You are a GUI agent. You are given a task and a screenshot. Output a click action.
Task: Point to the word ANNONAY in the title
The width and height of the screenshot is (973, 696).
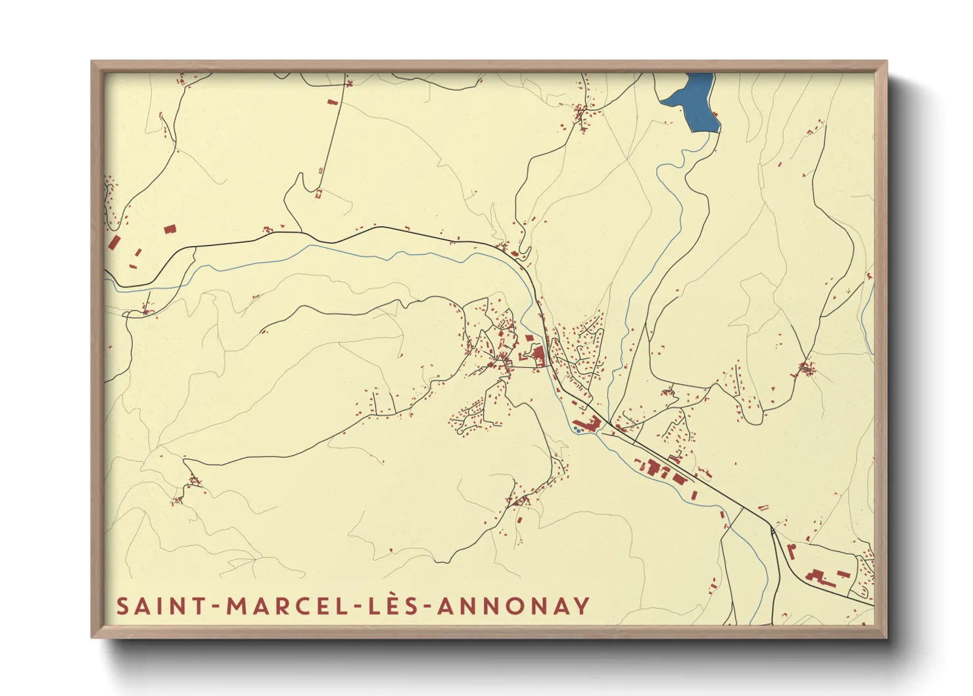tap(513, 606)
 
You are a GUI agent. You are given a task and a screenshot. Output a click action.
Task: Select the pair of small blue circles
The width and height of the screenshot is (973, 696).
tap(576, 430)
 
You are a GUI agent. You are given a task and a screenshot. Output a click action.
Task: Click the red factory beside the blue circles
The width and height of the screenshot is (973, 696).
tap(587, 422)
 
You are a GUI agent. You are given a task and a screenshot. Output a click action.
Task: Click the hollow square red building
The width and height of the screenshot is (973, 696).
tap(319, 193)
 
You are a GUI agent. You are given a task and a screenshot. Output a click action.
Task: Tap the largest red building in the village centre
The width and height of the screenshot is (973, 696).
tap(538, 356)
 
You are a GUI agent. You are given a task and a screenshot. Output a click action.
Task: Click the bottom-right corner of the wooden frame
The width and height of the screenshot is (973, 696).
tap(886, 636)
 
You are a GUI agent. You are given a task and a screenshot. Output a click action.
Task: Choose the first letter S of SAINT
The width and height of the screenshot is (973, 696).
tap(122, 606)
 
